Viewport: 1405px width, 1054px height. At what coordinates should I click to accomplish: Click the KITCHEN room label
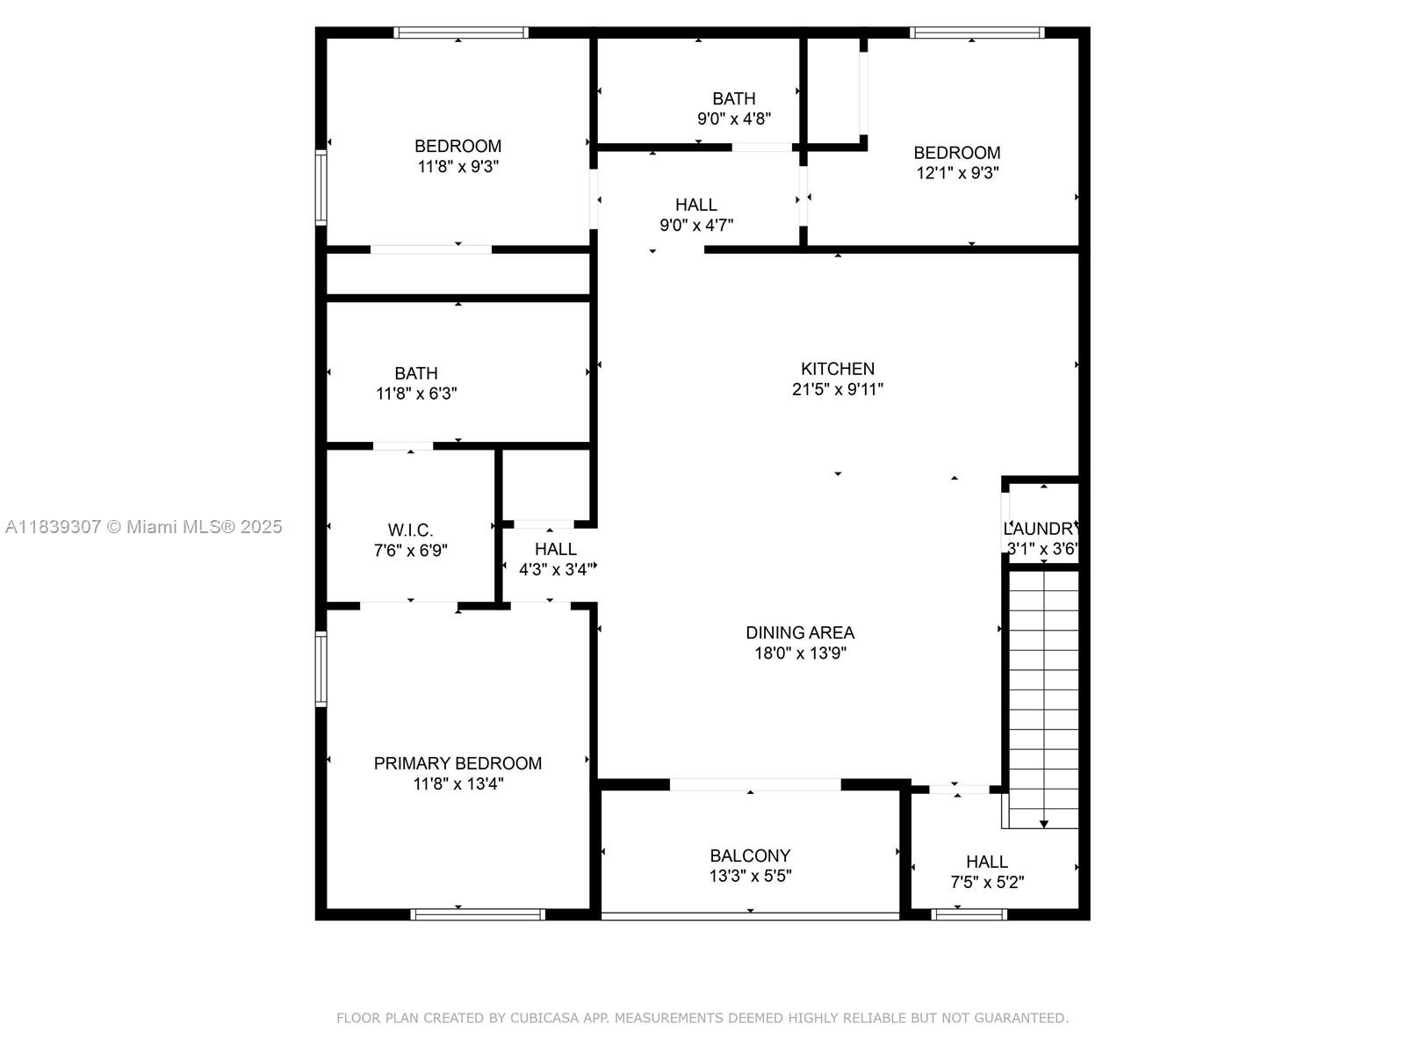tap(837, 369)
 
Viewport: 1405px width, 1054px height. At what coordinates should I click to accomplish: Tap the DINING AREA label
tap(799, 632)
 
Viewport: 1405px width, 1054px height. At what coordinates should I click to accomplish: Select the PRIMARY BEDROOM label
tap(458, 763)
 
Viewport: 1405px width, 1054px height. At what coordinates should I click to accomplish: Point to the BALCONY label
tap(750, 855)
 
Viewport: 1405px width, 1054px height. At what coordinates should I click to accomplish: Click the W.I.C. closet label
tap(410, 531)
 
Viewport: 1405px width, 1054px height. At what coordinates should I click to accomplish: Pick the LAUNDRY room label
tap(1041, 529)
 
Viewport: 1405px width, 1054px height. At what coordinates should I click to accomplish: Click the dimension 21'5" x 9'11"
tap(837, 389)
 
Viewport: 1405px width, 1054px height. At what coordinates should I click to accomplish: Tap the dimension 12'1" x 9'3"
tap(957, 173)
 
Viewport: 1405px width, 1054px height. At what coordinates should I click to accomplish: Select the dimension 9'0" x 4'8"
tap(734, 119)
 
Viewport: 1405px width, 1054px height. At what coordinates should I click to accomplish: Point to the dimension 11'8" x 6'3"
tap(416, 393)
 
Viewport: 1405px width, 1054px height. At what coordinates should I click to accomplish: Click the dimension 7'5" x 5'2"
tap(987, 882)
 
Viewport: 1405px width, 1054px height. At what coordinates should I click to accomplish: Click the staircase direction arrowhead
tap(1044, 824)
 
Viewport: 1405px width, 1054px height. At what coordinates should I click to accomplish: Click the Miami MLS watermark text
tap(143, 526)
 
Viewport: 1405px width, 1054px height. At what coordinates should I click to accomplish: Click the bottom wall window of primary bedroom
tap(478, 914)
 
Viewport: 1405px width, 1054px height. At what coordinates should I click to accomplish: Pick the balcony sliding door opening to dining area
tap(755, 784)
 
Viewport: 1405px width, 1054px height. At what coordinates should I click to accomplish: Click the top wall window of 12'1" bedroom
tap(976, 32)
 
